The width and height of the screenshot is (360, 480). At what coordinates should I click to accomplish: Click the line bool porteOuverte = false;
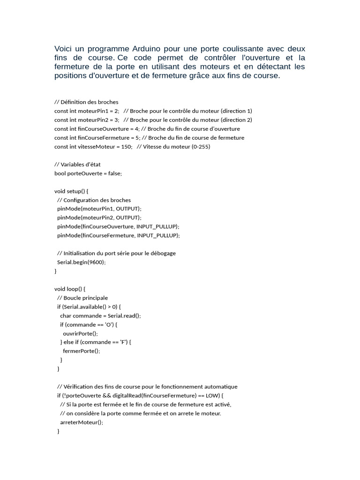88,173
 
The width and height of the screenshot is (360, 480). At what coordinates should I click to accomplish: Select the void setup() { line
71,191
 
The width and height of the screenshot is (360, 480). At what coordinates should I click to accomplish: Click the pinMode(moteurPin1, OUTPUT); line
99,209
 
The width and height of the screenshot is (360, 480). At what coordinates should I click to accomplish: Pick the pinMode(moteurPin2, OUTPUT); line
99,217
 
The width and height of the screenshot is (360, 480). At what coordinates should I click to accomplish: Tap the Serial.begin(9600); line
82,262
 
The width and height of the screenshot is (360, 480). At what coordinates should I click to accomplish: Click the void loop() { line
70,289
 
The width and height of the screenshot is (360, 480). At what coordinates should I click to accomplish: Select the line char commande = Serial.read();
100,315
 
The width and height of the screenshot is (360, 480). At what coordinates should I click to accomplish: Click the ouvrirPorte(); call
80,333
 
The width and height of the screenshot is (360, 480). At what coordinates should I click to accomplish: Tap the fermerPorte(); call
81,351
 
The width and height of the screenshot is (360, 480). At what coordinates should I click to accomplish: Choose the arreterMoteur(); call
82,422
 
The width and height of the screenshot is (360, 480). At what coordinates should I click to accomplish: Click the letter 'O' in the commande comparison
110,324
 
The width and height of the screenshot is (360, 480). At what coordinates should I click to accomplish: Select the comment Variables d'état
77,164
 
